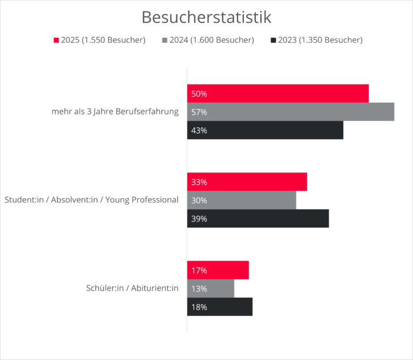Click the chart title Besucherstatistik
point(206,17)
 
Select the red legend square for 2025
point(56,40)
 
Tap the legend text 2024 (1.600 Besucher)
point(212,40)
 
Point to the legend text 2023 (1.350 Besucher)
point(320,40)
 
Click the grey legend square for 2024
point(165,40)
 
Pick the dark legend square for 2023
point(273,40)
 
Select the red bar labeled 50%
point(277,93)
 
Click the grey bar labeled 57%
point(290,112)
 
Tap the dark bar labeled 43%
point(265,130)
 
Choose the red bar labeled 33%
point(247,182)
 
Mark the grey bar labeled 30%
point(241,200)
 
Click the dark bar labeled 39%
point(258,219)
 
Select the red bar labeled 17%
point(218,270)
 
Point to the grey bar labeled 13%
point(211,289)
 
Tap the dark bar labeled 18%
point(219,307)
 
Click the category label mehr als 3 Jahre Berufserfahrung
point(115,112)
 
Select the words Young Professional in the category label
point(142,200)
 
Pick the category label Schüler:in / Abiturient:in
point(132,289)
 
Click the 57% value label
point(199,112)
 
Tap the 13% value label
point(199,289)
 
